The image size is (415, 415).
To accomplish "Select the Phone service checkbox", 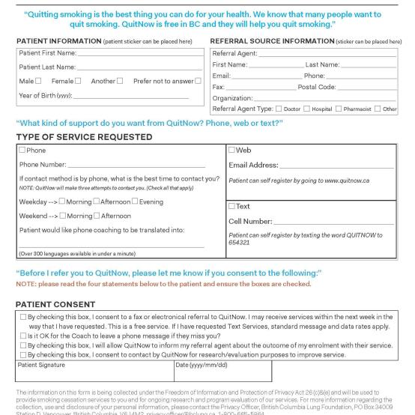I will coord(22,151).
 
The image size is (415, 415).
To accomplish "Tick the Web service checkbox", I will coord(232,151).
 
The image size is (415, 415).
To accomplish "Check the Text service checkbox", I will coord(232,206).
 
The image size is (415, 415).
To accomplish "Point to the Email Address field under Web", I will coord(333,166).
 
